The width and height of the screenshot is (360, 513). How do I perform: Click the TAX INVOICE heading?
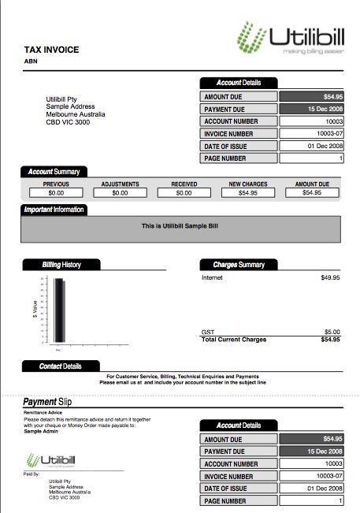click(x=51, y=50)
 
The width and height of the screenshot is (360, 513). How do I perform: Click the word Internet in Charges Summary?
click(x=213, y=278)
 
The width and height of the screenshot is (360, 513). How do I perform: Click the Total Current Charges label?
click(x=234, y=340)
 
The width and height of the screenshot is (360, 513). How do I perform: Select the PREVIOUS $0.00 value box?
click(x=56, y=192)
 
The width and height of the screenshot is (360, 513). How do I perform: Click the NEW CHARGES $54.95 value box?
click(x=248, y=192)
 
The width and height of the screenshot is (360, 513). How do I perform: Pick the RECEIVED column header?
click(x=184, y=184)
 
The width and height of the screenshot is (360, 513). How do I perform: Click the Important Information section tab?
click(x=54, y=210)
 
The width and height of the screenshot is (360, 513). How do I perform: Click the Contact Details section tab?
click(x=61, y=366)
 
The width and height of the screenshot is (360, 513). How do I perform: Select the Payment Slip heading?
click(x=47, y=403)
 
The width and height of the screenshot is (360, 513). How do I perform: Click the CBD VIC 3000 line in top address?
click(x=69, y=122)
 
